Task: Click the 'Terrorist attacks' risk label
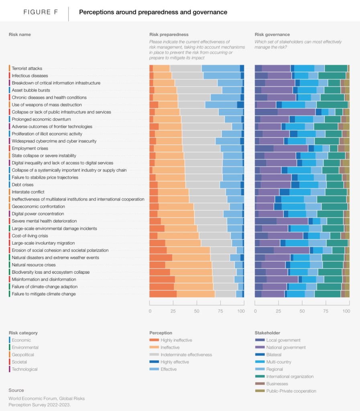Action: pos(27,69)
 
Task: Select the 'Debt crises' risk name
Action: pos(22,185)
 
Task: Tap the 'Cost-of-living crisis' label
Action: pos(30,236)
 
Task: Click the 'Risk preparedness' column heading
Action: pos(169,35)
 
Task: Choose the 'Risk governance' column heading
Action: pos(272,35)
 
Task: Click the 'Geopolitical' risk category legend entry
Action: pos(23,355)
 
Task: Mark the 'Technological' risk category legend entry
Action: pos(24,369)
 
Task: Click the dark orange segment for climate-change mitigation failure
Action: pos(163,294)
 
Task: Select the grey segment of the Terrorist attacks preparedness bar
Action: pos(186,69)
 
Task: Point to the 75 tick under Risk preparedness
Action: pos(219,311)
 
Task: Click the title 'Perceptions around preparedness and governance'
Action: pos(153,12)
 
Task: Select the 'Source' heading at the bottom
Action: pos(16,390)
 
